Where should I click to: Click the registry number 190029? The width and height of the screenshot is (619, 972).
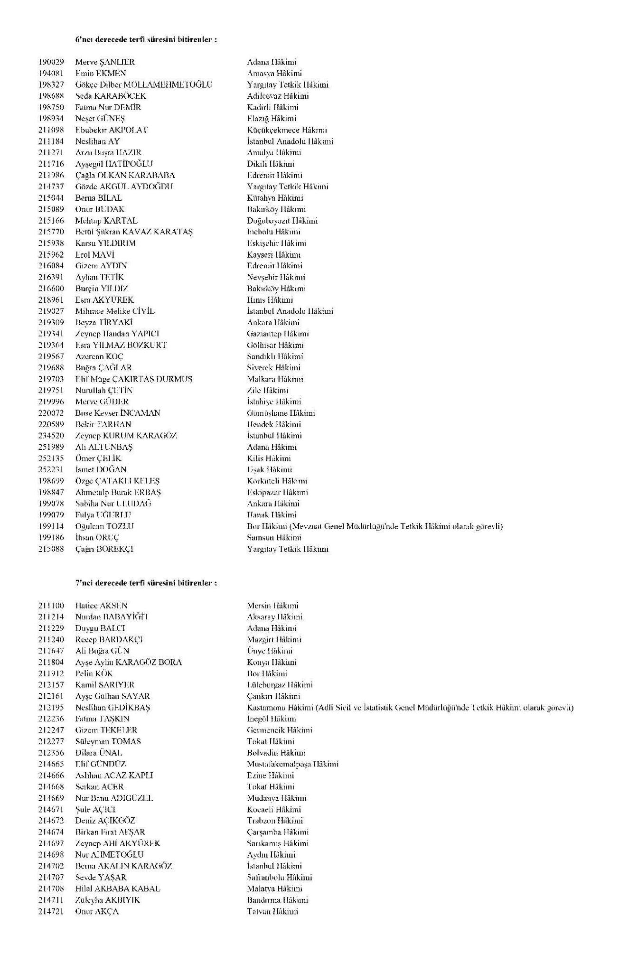pos(51,62)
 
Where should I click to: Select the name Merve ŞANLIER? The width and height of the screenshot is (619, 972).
pos(105,62)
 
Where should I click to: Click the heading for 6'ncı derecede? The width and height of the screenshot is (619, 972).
pos(146,40)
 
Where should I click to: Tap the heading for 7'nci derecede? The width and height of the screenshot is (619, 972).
pos(146,583)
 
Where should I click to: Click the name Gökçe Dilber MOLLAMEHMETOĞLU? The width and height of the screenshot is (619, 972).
pos(144,85)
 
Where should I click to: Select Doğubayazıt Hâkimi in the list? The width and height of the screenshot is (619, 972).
pos(282,221)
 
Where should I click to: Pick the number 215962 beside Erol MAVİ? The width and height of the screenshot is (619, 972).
pos(51,254)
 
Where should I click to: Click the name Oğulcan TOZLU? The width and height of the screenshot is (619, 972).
pos(104,526)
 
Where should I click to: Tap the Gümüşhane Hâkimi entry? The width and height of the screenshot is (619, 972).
pos(281,413)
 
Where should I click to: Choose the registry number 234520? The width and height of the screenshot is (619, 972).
pos(51,436)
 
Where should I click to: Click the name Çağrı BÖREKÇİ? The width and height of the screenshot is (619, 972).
pos(104,549)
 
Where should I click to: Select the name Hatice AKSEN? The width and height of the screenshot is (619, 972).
pos(101,606)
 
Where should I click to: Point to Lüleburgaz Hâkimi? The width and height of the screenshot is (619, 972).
pos(280,685)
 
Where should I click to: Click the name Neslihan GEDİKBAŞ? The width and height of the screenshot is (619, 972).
pos(113,708)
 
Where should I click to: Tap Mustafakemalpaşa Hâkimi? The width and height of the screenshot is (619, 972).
pos(292,764)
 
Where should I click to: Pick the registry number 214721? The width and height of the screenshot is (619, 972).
pos(51,911)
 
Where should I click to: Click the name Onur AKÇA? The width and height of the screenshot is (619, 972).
pos(97,911)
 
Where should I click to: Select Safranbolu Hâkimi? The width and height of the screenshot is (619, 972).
pos(280,878)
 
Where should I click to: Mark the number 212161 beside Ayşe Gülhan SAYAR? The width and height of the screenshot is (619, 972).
pos(51,696)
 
